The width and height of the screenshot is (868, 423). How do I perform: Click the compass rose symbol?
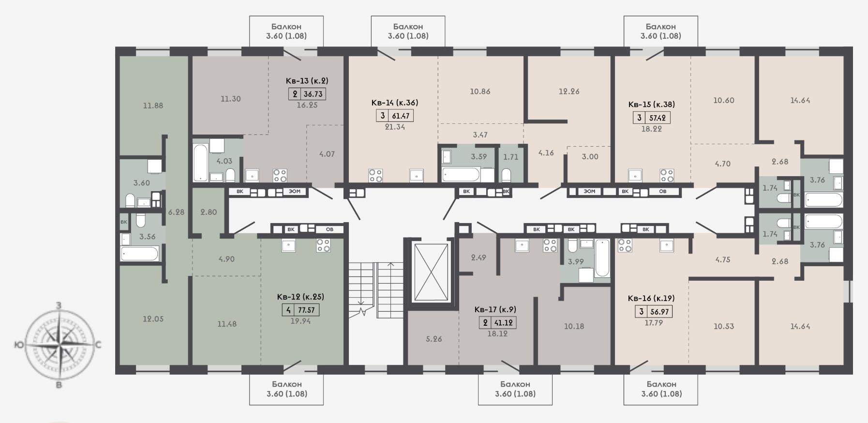pyautogui.click(x=59, y=345)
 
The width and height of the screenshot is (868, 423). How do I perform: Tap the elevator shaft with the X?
pyautogui.click(x=430, y=272)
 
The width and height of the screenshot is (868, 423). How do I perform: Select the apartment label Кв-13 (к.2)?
pyautogui.click(x=307, y=81)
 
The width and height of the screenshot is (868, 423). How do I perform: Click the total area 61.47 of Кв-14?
pyautogui.click(x=401, y=116)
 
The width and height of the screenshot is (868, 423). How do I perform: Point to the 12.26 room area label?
pyautogui.click(x=569, y=91)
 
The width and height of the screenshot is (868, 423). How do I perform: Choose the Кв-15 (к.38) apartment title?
pyautogui.click(x=651, y=104)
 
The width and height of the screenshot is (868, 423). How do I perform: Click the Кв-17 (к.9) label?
pyautogui.click(x=495, y=310)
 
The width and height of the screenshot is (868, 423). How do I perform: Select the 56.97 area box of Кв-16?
pyautogui.click(x=659, y=312)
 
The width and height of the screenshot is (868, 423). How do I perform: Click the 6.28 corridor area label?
pyautogui.click(x=176, y=211)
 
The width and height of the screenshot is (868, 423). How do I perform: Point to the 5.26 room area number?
pyautogui.click(x=434, y=339)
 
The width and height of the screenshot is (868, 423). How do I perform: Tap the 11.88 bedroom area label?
pyautogui.click(x=153, y=105)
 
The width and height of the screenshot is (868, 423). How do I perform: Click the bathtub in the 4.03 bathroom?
pyautogui.click(x=200, y=163)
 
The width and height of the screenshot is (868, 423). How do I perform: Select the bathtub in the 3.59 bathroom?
pyautogui.click(x=461, y=175)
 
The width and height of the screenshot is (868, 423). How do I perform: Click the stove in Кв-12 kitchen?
pyautogui.click(x=323, y=245)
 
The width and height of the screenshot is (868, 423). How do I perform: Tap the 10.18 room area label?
pyautogui.click(x=574, y=326)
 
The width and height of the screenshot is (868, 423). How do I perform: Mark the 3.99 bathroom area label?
pyautogui.click(x=576, y=261)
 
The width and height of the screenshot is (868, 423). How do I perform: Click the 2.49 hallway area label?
pyautogui.click(x=478, y=257)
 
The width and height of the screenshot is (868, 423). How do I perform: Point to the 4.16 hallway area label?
pyautogui.click(x=546, y=153)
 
